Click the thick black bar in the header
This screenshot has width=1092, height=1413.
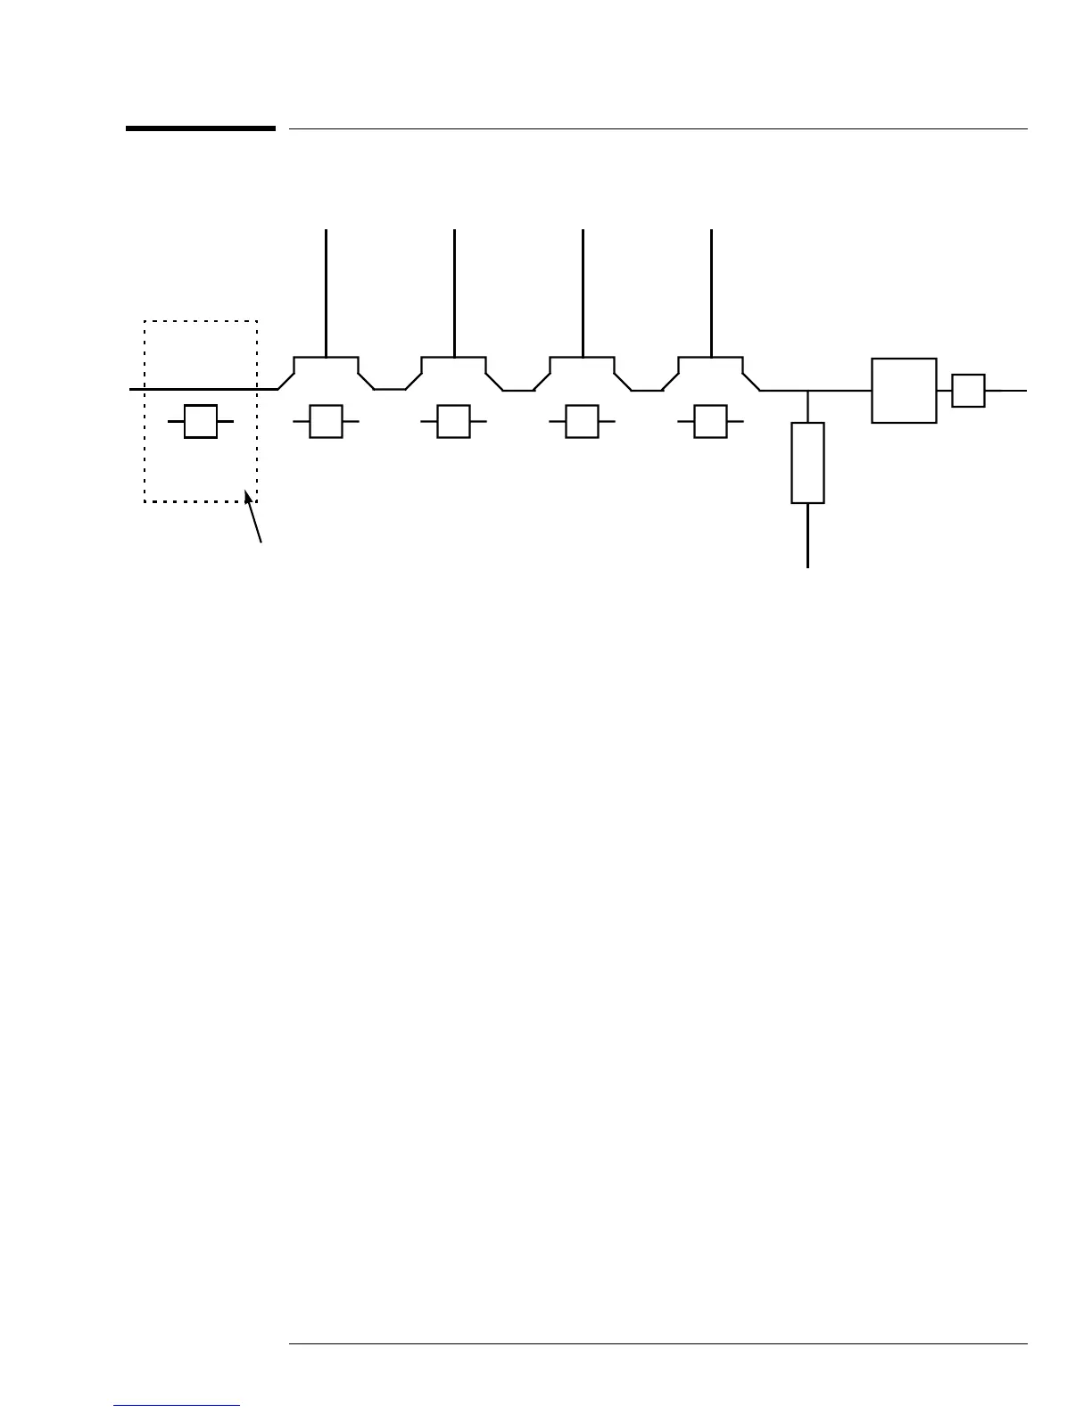[x=200, y=128]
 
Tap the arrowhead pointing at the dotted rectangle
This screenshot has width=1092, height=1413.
[x=249, y=496]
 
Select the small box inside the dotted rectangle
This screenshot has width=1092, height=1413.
[x=201, y=421]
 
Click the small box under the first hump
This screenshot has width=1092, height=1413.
[x=326, y=421]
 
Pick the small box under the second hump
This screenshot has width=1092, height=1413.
[x=453, y=421]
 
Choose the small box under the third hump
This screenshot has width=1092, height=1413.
[x=582, y=421]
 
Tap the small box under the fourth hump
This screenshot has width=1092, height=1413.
[x=710, y=421]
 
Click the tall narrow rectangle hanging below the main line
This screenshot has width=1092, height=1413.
[x=807, y=463]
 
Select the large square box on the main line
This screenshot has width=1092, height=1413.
[x=904, y=390]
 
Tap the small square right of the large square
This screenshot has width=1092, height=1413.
[x=968, y=391]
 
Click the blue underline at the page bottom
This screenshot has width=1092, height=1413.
[x=178, y=1406]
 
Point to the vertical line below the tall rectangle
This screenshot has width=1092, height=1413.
[x=808, y=535]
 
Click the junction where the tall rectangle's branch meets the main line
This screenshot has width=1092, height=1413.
[x=808, y=391]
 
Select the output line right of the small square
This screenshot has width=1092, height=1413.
[x=1006, y=391]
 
